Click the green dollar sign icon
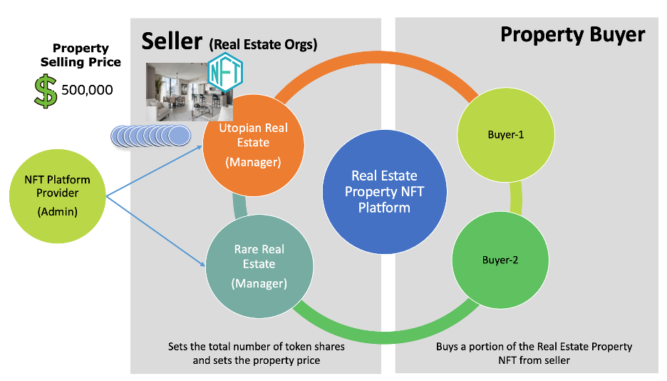pos(46,91)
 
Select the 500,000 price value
pos(87,91)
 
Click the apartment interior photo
pos(178,93)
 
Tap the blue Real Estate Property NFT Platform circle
pos(385,192)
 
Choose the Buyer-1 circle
pos(505,134)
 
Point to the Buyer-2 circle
pos(500,260)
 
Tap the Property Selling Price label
pos(81,56)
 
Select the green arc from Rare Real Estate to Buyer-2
pos(378,325)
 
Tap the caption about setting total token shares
pos(257,353)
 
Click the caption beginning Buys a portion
pos(534,353)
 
